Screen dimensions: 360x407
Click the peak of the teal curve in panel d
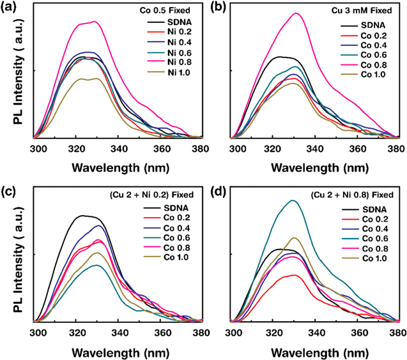[x=293, y=200]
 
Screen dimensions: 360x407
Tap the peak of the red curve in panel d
[x=294, y=275]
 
